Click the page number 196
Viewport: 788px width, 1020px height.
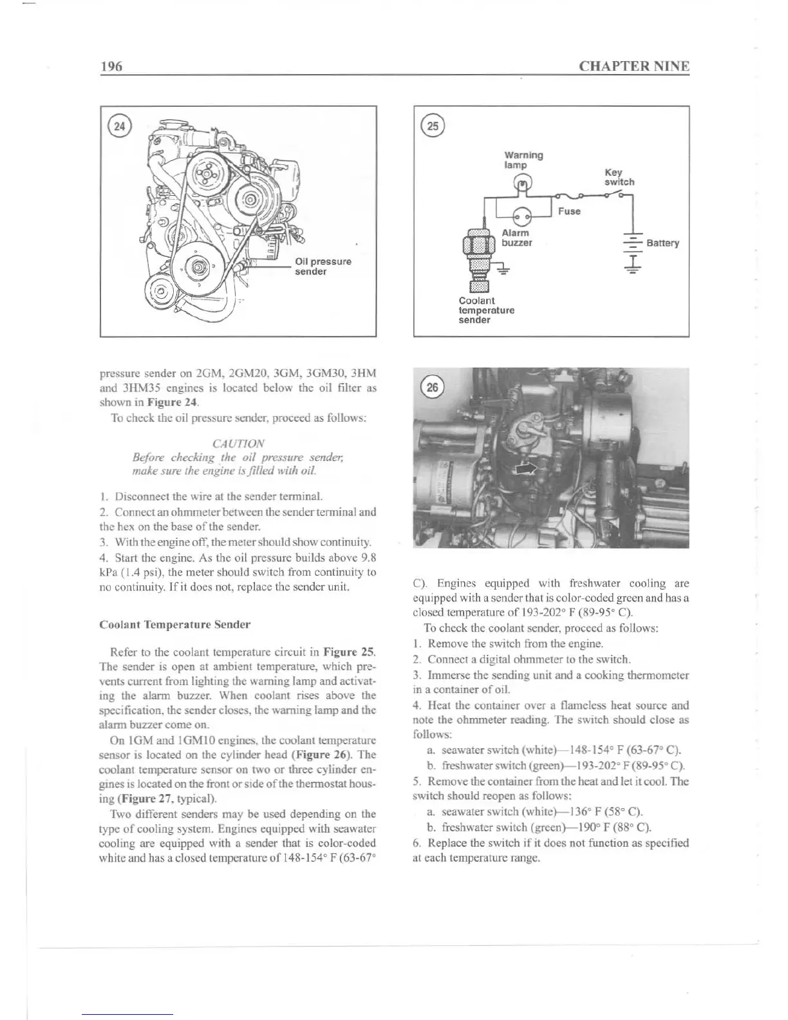pos(111,66)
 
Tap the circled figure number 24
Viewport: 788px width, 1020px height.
pos(120,126)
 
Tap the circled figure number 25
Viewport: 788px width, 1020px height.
pos(433,126)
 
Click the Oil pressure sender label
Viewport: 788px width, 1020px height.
pos(323,267)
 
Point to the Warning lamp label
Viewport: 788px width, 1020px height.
pos(523,160)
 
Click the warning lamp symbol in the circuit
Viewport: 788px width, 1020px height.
pos(523,185)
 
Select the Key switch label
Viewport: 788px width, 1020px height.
pos(618,177)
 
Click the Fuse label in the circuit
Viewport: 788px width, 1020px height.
pos(569,211)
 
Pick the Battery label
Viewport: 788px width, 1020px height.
pos(662,243)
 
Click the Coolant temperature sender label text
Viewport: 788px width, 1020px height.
pos(486,310)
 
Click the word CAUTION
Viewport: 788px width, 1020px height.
pos(238,444)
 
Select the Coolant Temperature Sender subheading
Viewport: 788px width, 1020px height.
pos(175,625)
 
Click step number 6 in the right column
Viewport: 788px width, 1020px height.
pos(417,843)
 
